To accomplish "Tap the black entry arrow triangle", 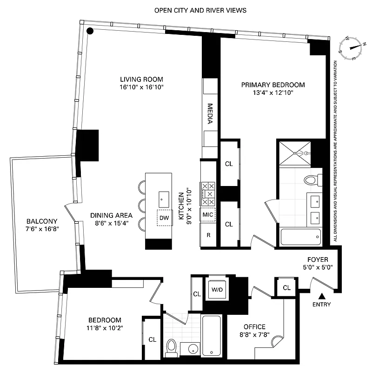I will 321,296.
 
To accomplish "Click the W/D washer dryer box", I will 217,289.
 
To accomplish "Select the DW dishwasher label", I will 164,218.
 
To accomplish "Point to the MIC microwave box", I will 208,215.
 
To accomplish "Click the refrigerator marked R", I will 209,235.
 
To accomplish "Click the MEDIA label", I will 210,114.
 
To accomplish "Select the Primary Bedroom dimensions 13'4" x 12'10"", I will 273,93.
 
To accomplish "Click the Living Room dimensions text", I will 141,87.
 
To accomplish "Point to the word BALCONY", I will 41,221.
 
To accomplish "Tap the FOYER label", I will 318,259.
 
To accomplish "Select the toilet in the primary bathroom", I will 311,179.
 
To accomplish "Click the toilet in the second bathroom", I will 171,347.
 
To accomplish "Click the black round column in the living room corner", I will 91,31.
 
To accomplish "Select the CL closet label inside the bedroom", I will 152,339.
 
